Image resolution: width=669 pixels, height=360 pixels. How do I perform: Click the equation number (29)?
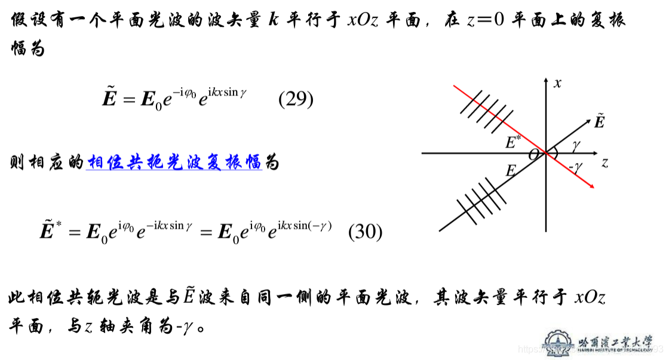point(296,99)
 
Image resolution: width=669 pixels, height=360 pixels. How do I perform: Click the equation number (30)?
point(365,232)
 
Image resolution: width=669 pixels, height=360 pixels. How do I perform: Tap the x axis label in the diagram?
point(557,84)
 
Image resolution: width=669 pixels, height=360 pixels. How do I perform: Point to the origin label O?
point(532,155)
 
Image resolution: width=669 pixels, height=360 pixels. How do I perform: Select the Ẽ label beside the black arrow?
point(599,122)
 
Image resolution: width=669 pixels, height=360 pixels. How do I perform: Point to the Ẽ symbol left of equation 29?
point(109,98)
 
